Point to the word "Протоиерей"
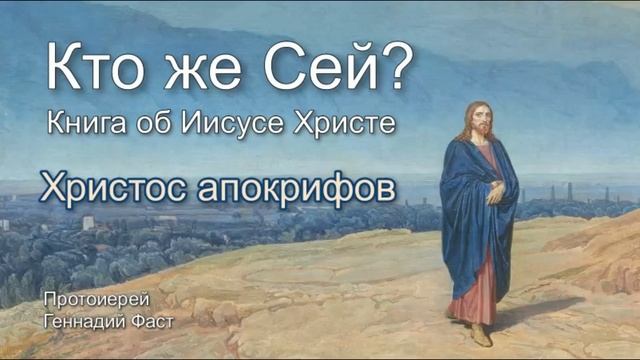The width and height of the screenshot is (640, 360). coord(84,300)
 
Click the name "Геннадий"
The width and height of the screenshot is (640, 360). coord(80,319)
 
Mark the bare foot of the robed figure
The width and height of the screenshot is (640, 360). coord(482,333)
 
